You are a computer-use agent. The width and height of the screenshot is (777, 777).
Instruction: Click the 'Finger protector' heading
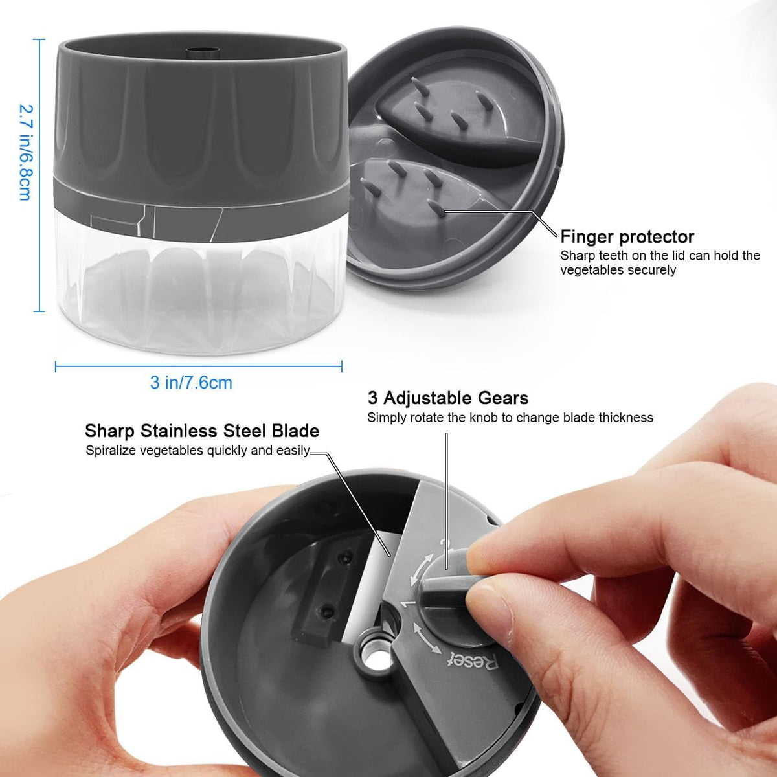[x=627, y=237]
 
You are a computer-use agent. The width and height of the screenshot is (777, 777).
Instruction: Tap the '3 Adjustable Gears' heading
[x=447, y=398]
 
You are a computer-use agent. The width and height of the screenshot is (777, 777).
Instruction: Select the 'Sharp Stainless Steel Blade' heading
[x=202, y=431]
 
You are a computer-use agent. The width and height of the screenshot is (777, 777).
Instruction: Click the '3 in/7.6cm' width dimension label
[x=191, y=382]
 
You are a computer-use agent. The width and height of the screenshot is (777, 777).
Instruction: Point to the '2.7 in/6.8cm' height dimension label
[x=25, y=152]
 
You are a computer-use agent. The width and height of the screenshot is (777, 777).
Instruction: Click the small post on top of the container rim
[x=203, y=53]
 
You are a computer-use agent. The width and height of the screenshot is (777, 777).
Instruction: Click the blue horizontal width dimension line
[x=198, y=366]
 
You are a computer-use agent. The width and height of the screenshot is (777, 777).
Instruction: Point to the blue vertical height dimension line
[x=39, y=175]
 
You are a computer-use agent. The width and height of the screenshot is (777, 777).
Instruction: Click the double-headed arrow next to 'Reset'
[x=426, y=638]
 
